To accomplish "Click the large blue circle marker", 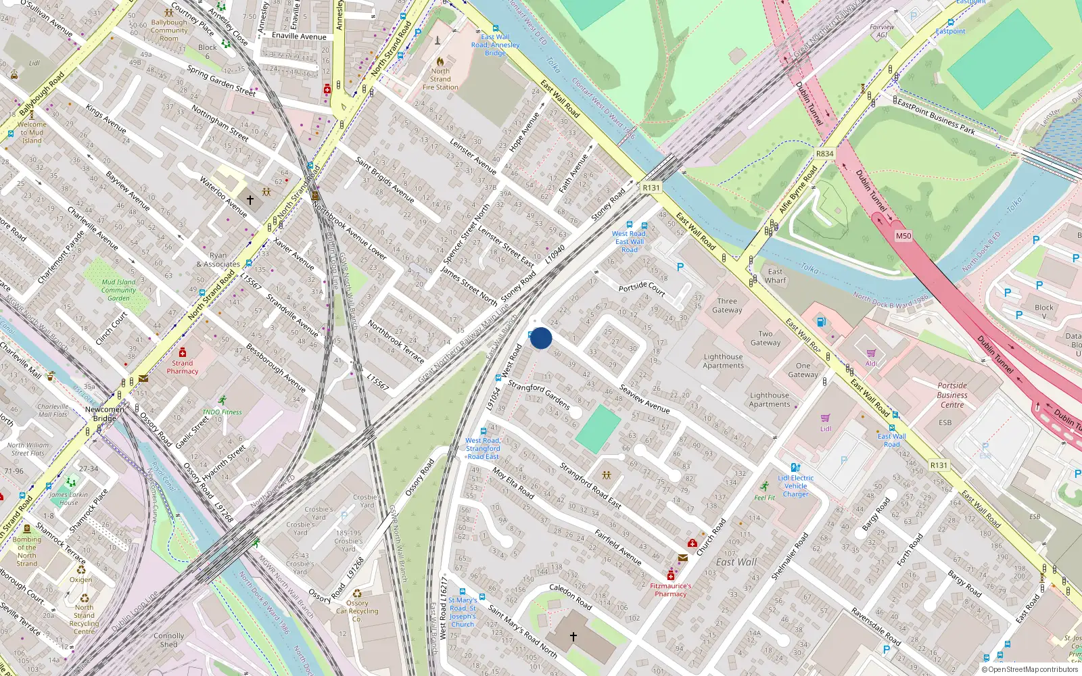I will coord(541,338).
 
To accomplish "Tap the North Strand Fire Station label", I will coord(440,79).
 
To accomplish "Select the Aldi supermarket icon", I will coord(871,353).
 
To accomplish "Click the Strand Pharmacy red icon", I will coord(183,352).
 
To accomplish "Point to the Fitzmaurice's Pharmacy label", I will coord(670,590).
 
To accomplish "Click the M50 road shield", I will coord(903,236).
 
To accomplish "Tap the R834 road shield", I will coord(824,153).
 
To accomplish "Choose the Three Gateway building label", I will coord(727,306).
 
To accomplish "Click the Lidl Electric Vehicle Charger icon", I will coord(796,467).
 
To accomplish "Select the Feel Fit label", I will coord(765,498).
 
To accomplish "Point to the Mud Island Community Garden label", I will coord(118,290).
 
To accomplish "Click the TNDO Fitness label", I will coord(222,412).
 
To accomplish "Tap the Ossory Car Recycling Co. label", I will coord(357,611).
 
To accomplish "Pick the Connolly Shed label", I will coord(168,640).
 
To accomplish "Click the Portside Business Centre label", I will coord(952,395).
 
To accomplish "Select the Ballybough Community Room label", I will coord(169,30).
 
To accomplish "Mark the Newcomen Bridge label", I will coord(105,414).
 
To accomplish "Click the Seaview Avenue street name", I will coord(644,399).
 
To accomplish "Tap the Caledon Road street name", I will coord(570,596).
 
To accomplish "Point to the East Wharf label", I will coord(775,276).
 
